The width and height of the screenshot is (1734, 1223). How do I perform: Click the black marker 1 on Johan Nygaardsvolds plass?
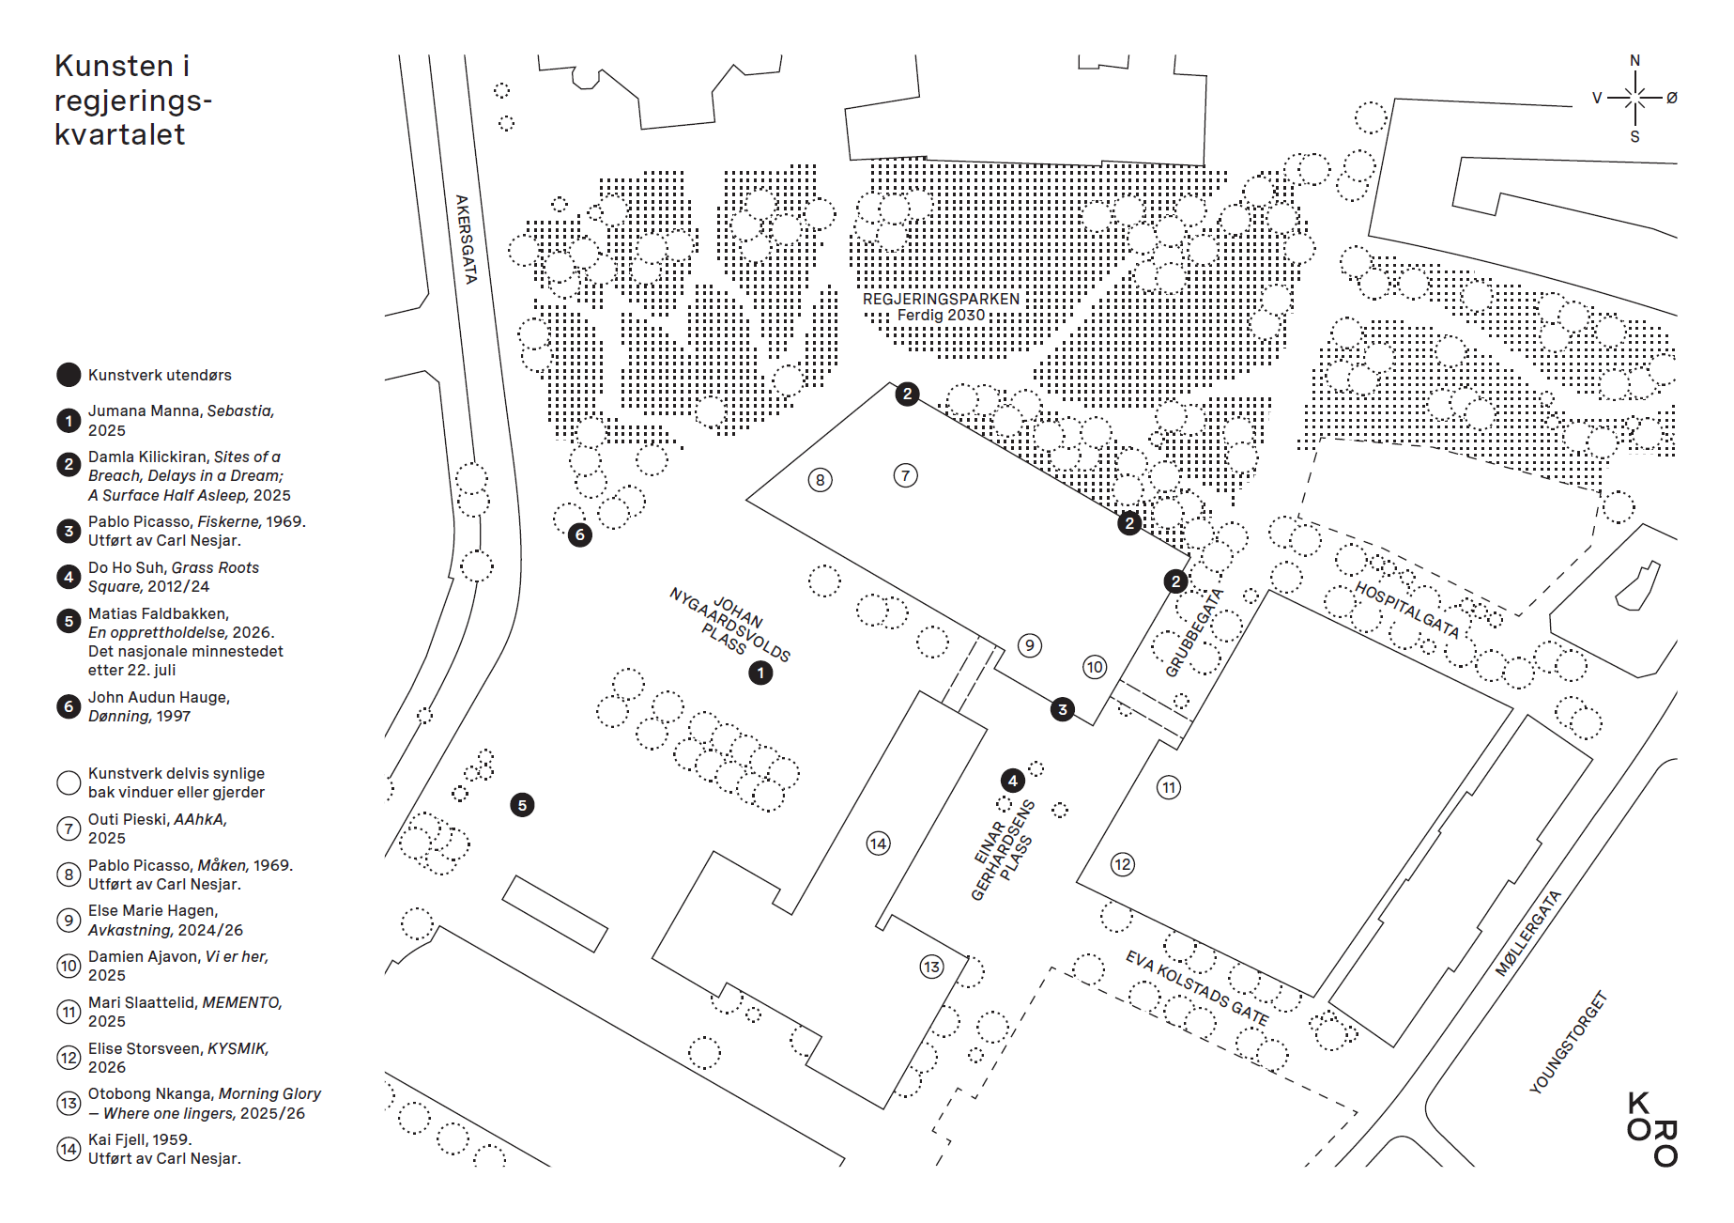[x=760, y=673]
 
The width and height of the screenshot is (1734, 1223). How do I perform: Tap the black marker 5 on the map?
[x=522, y=805]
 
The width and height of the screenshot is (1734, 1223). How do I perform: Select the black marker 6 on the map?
[x=580, y=534]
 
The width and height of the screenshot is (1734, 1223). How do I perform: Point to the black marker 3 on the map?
[x=1063, y=709]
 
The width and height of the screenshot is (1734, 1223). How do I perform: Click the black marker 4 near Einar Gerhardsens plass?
[x=1012, y=781]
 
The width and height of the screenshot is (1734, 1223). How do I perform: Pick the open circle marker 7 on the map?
[x=905, y=475]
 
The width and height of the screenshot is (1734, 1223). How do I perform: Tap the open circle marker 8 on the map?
[x=820, y=480]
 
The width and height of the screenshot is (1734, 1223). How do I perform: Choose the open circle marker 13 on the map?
[x=931, y=967]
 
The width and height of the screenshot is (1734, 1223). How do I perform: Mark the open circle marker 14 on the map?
[x=878, y=844]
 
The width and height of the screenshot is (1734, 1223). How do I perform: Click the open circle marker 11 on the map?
[x=1168, y=787]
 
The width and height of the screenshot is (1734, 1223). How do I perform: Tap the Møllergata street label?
[x=1527, y=933]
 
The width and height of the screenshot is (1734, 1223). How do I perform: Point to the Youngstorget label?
[x=1569, y=1043]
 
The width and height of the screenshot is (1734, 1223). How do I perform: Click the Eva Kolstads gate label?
[x=1197, y=988]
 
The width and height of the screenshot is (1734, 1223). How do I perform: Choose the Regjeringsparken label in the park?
[x=941, y=299]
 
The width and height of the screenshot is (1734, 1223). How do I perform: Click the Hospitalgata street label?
[x=1407, y=610]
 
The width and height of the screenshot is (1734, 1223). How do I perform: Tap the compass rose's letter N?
[x=1634, y=61]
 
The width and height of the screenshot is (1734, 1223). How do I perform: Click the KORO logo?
[x=1652, y=1129]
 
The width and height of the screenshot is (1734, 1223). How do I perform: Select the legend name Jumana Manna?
[x=145, y=410]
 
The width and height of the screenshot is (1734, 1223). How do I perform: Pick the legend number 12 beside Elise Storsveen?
[x=69, y=1058]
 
